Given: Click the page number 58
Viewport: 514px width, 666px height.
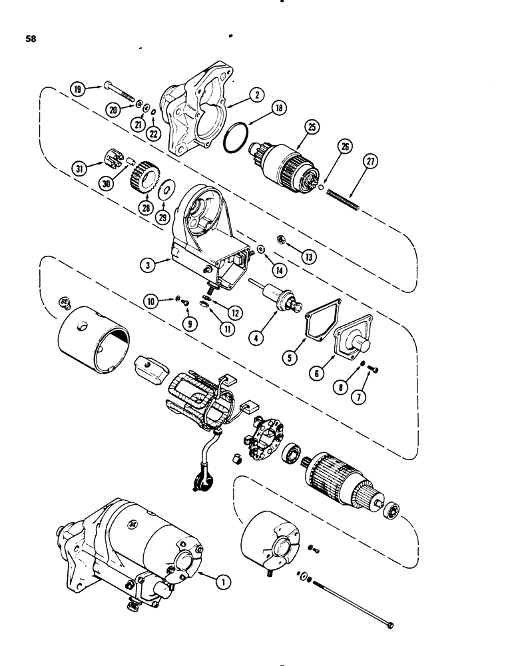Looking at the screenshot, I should tap(31, 39).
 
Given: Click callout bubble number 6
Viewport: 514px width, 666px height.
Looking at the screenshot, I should tap(318, 374).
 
